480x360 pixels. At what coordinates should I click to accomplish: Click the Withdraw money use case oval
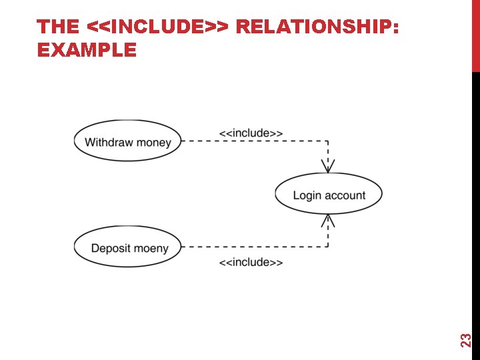tap(127, 141)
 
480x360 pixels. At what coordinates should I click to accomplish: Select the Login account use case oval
tap(329, 195)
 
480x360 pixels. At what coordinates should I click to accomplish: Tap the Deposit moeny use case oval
tap(127, 247)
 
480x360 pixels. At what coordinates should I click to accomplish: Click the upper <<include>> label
tap(251, 133)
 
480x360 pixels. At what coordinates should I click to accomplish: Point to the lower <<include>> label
tap(251, 262)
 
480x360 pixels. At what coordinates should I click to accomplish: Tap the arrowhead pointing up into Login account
tap(328, 221)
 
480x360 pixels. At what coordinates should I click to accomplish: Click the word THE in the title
tap(58, 27)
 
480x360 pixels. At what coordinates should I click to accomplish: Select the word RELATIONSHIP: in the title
tap(318, 27)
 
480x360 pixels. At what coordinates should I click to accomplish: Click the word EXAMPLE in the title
tap(87, 49)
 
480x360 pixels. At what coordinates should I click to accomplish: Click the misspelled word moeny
tap(151, 249)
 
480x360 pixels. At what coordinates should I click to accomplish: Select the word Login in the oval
tap(307, 195)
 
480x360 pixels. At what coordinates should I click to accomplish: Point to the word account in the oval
tap(345, 195)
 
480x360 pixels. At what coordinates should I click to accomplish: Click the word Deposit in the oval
tap(110, 249)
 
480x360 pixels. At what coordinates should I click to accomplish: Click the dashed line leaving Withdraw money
tap(253, 141)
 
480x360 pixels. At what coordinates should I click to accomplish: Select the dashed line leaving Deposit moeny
tap(253, 247)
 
